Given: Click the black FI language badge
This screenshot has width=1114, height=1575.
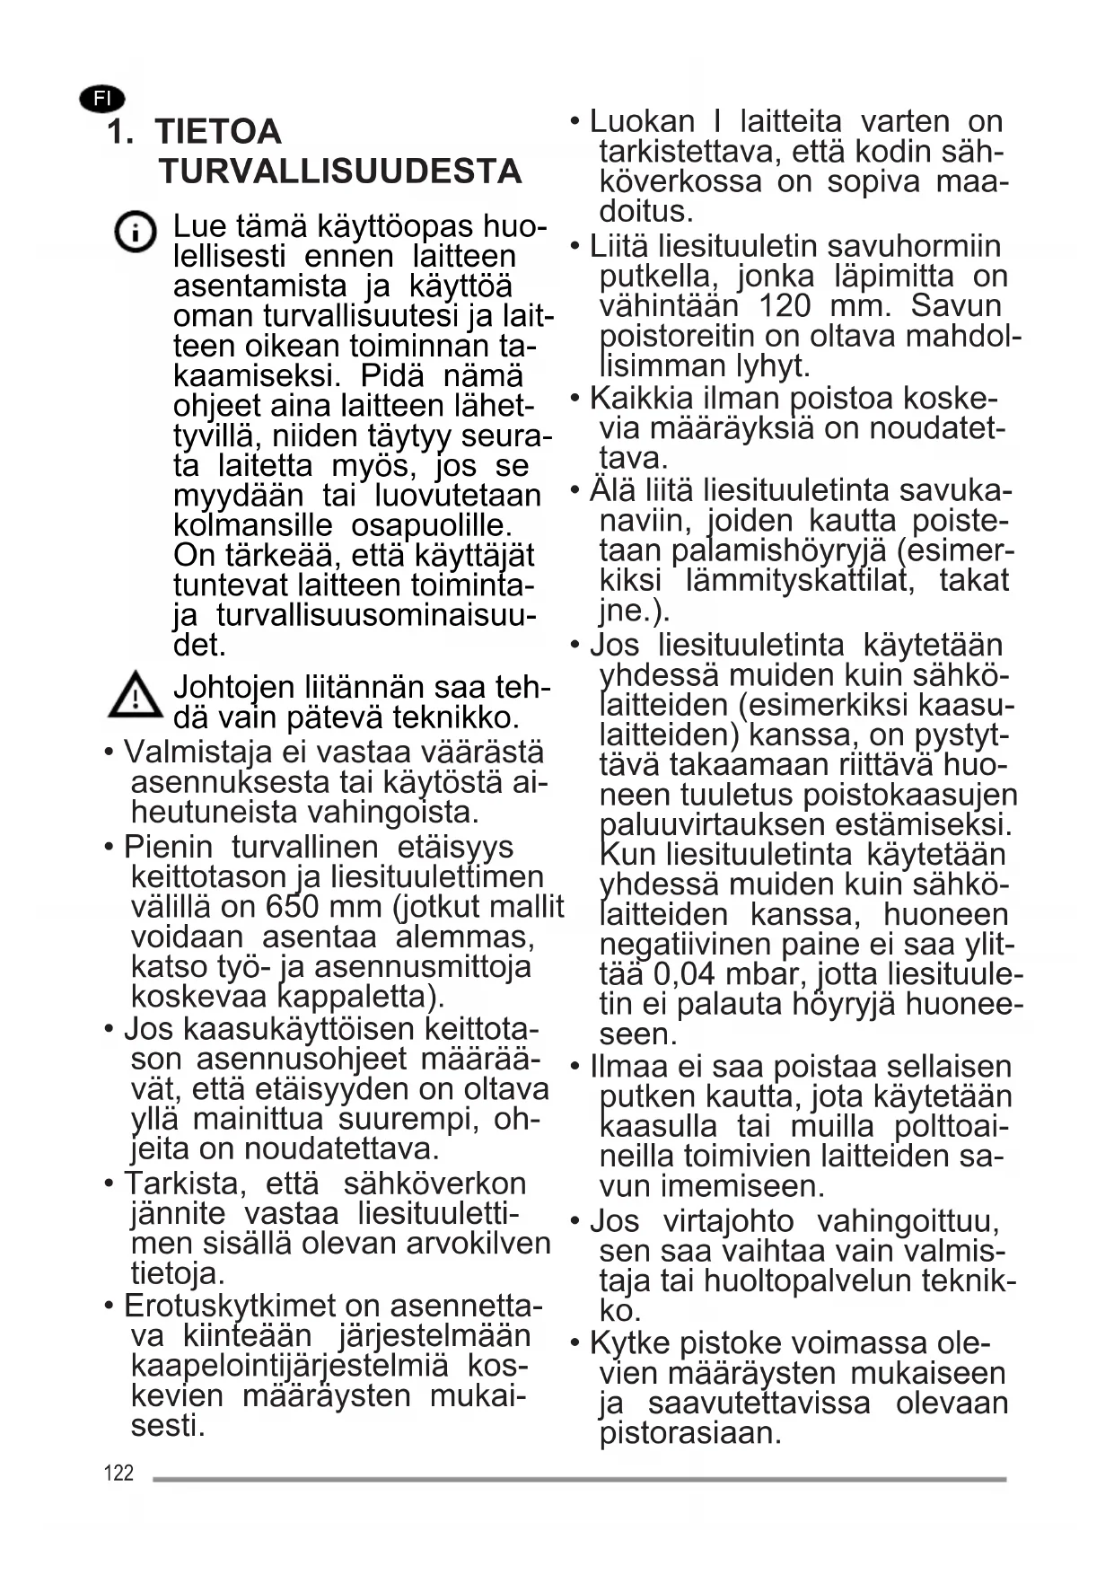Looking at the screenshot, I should point(101,99).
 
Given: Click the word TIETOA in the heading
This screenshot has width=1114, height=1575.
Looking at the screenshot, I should point(218,132).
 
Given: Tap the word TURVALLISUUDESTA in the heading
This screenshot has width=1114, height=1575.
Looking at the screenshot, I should point(340,172).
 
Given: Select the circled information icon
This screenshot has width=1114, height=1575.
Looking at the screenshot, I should point(136,233).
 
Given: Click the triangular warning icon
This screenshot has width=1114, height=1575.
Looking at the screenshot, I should point(135,696).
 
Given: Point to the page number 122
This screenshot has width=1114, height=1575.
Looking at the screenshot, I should point(118,1473).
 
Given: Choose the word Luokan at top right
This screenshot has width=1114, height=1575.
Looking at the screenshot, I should point(642,121).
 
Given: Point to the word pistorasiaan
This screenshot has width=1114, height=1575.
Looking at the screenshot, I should point(690,1432).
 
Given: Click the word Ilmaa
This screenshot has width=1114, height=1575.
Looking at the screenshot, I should point(627,1067).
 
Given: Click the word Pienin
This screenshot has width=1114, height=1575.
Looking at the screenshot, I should point(168,847).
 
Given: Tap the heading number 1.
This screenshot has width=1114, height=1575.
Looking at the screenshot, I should point(119,132).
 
